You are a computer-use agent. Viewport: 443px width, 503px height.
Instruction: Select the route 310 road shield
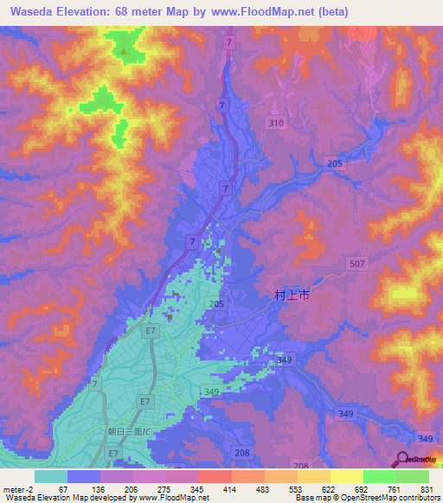275,124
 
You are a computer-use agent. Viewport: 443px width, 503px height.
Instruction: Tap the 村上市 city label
292,295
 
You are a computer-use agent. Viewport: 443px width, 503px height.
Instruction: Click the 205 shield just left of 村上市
216,304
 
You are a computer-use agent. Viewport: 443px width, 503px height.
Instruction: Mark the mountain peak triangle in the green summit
124,52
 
